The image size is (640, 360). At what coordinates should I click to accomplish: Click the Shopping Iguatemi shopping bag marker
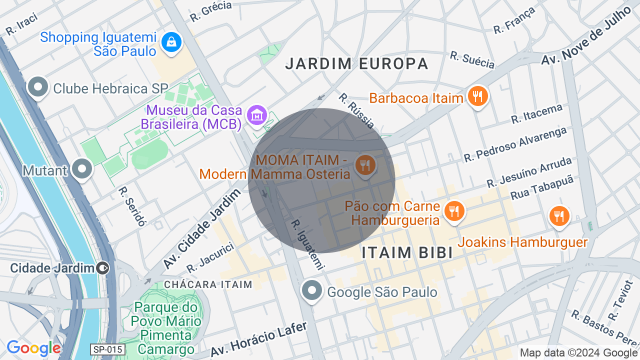tap(171, 42)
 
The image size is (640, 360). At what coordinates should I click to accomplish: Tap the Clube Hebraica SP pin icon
tap(38, 87)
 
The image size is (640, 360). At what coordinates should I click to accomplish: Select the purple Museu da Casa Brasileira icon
tap(257, 116)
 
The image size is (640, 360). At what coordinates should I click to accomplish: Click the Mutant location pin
tap(81, 169)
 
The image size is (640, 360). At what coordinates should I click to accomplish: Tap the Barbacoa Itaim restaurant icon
tap(477, 96)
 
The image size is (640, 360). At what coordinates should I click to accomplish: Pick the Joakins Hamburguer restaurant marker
tap(559, 216)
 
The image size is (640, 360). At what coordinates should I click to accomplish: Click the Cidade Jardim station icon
tap(102, 268)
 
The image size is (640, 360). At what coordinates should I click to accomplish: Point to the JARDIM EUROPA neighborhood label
tap(357, 63)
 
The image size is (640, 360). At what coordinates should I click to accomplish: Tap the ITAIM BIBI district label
tap(407, 252)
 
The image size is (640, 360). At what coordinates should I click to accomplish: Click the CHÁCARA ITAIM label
tap(208, 284)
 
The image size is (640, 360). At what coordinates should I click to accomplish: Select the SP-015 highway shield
tap(107, 349)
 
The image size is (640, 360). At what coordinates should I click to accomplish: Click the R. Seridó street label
tap(131, 206)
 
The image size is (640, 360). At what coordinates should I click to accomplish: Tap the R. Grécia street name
tap(210, 11)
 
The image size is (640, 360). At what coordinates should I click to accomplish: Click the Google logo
tap(33, 348)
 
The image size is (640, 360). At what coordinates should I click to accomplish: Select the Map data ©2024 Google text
tap(579, 352)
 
